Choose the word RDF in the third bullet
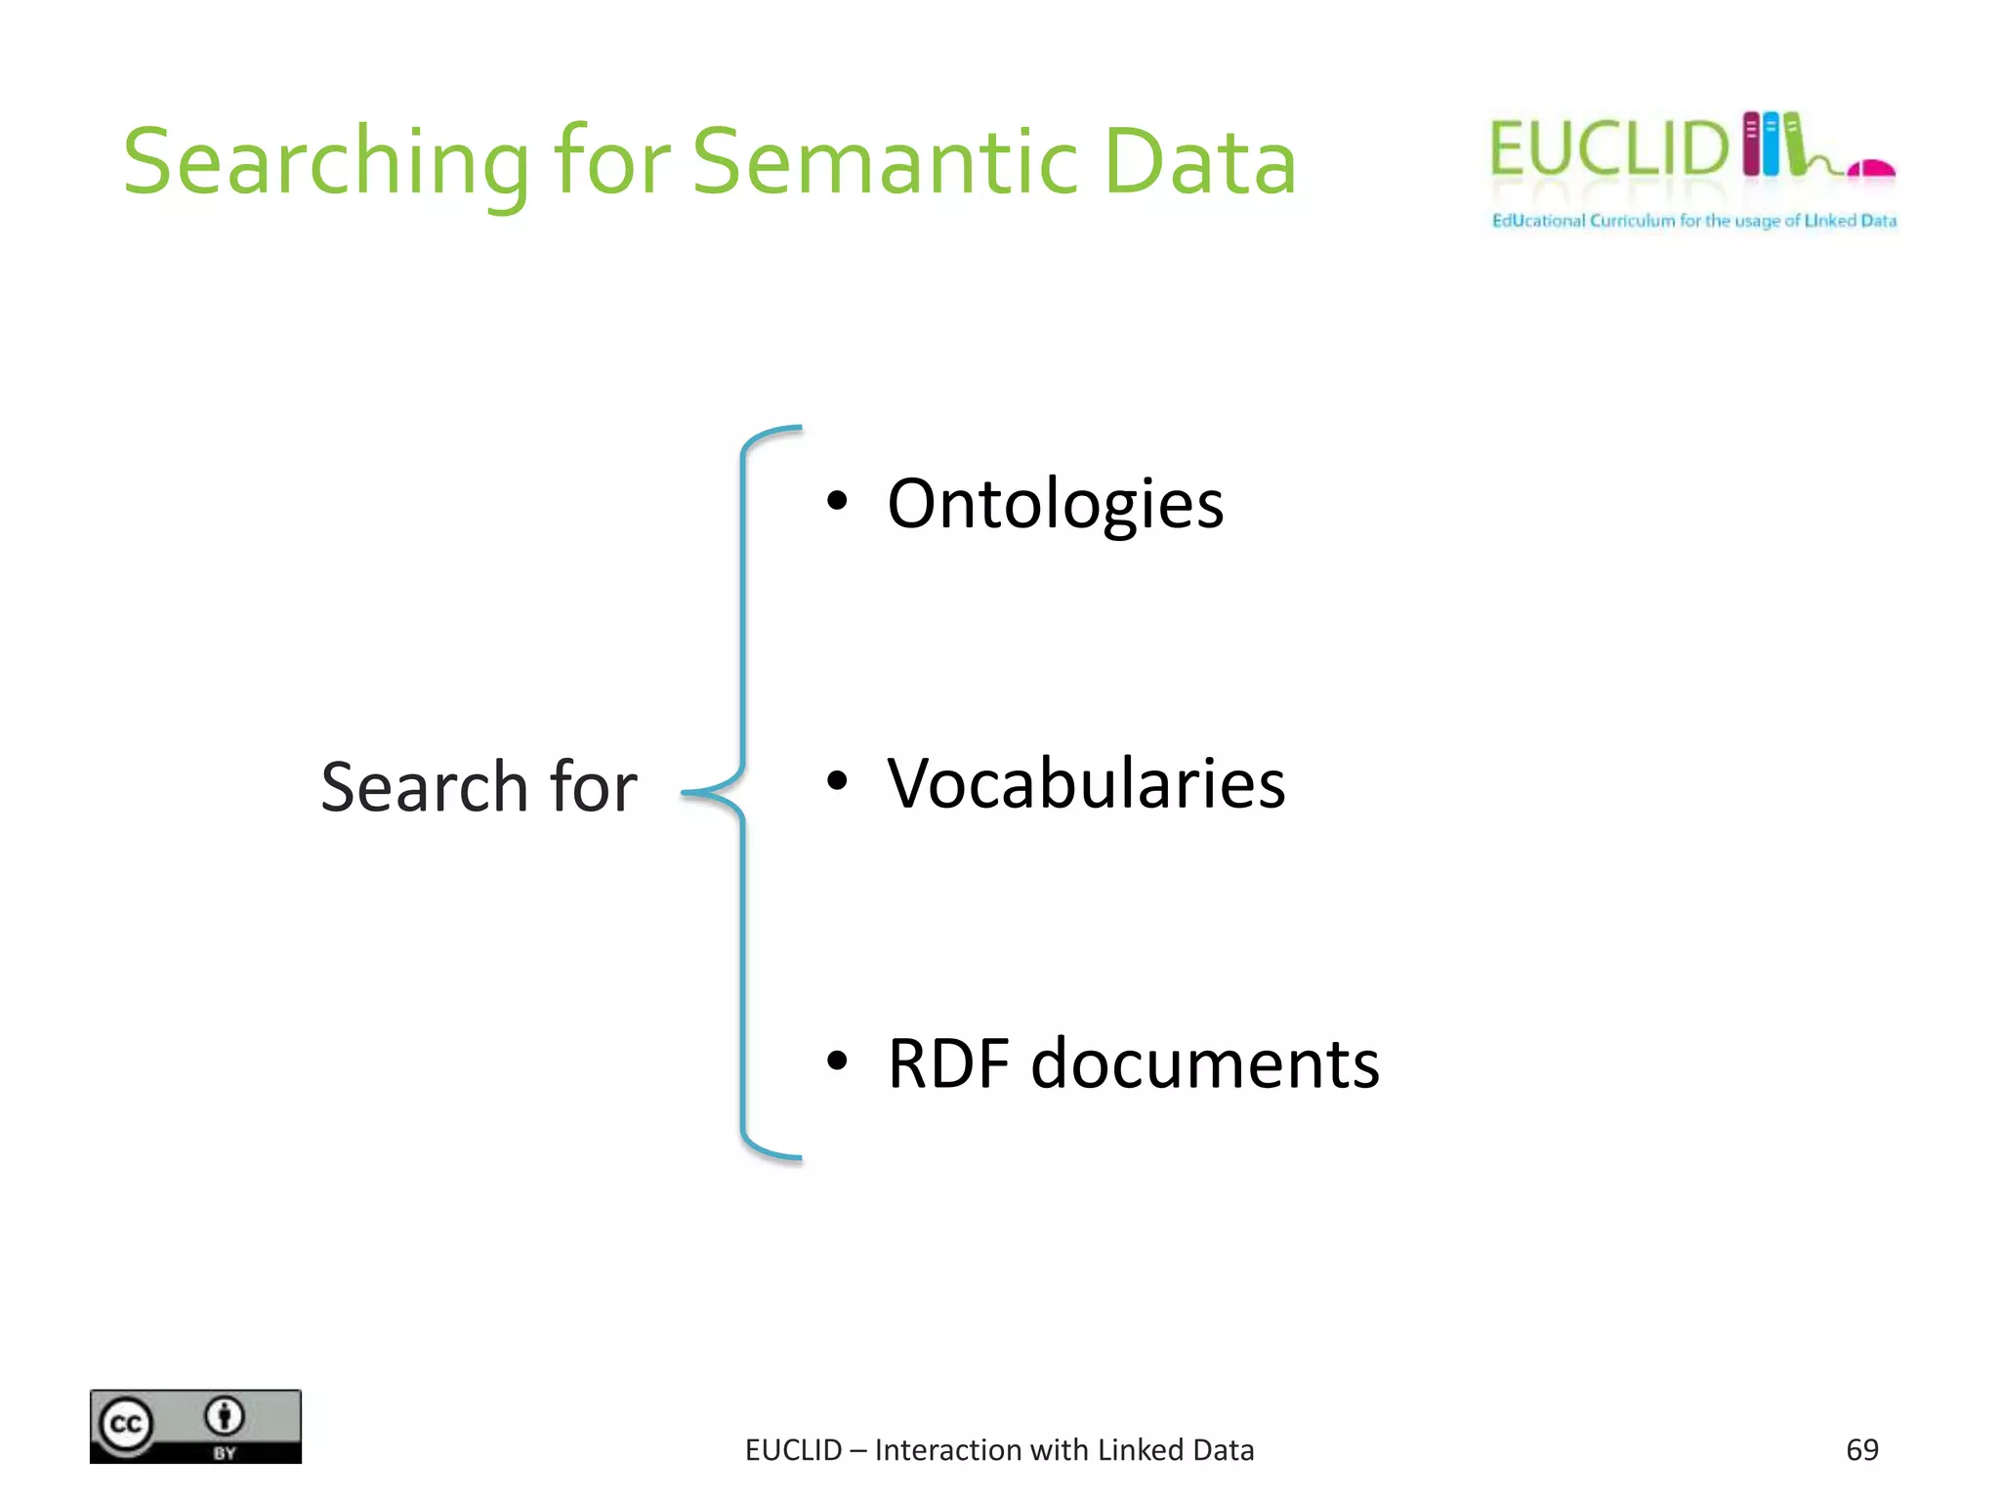(x=947, y=1063)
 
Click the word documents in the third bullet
(x=1205, y=1063)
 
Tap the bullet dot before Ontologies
(x=837, y=501)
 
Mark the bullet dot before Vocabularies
(x=837, y=780)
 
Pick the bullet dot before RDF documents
(x=837, y=1061)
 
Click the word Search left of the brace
(x=425, y=787)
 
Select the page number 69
(x=1861, y=1450)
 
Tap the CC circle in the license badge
(x=126, y=1425)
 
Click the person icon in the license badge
(x=225, y=1415)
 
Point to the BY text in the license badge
(x=225, y=1453)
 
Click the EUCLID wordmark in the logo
(x=1609, y=149)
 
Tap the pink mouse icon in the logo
(x=1872, y=169)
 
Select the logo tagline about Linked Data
(x=1693, y=221)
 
